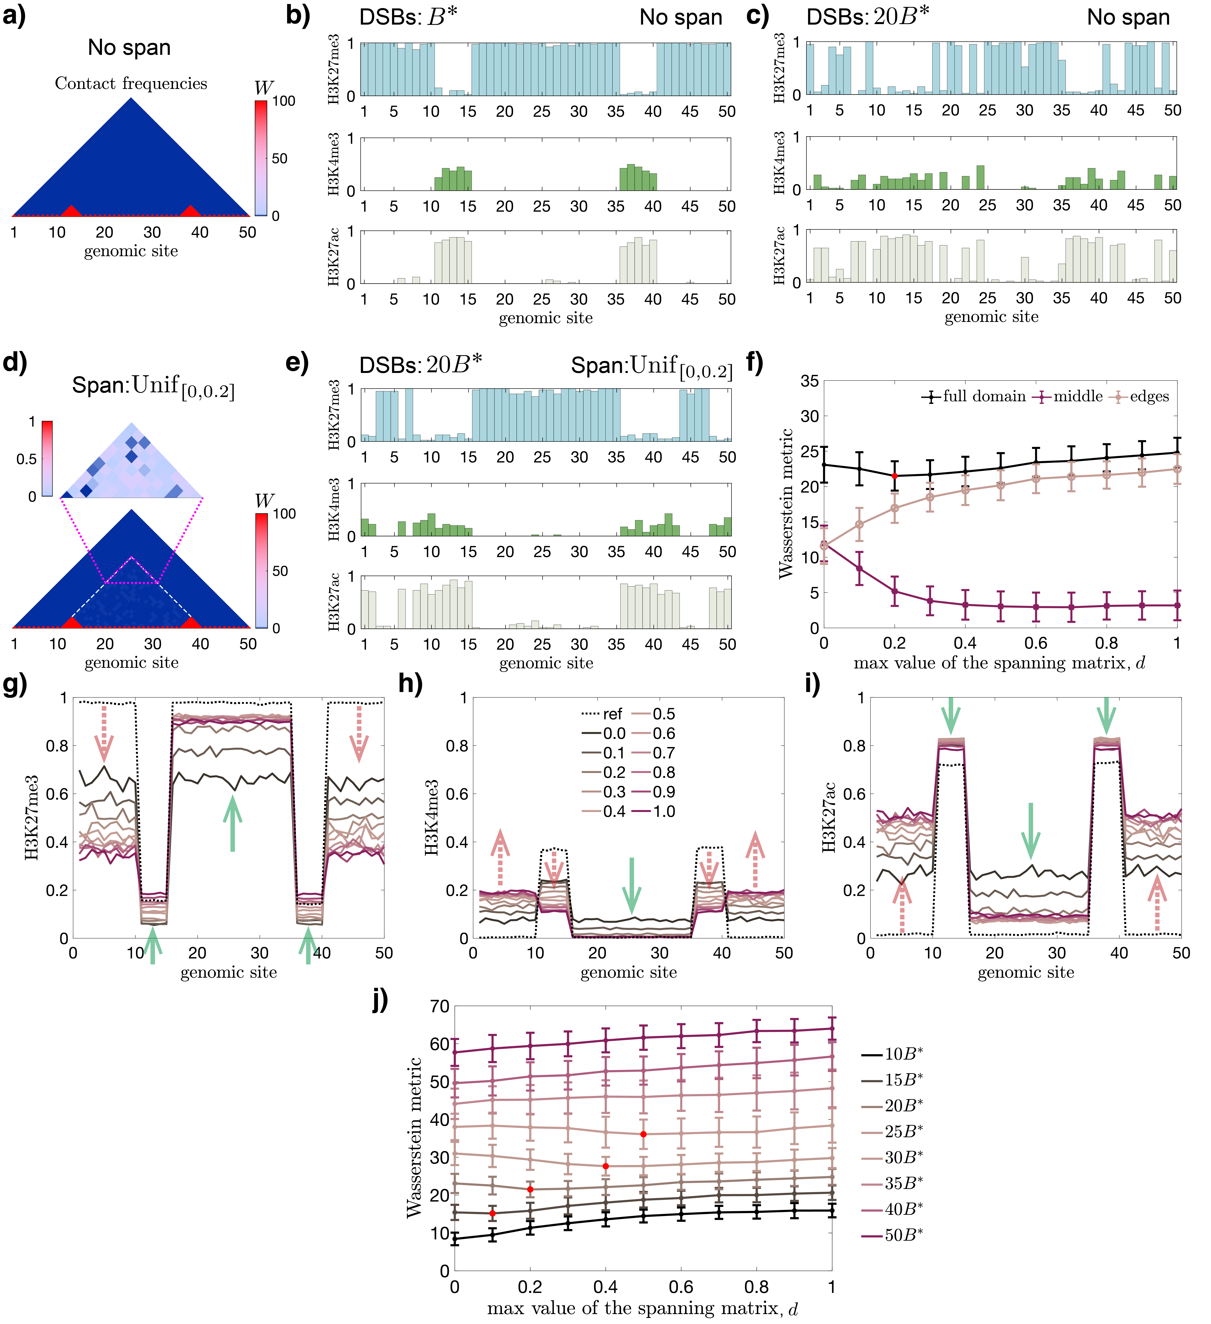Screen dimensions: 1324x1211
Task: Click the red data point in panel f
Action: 894,476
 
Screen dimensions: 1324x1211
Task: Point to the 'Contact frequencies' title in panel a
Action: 131,83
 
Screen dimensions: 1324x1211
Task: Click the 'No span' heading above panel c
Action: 1128,17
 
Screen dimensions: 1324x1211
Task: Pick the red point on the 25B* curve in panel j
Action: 643,1134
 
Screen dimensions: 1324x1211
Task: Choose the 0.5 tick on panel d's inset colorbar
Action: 26,458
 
